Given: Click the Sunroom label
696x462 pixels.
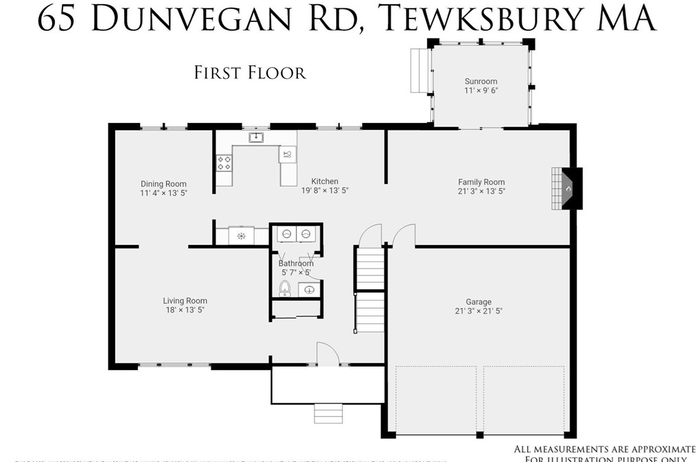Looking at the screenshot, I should click(x=480, y=81).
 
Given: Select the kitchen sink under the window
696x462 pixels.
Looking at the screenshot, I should click(x=256, y=137).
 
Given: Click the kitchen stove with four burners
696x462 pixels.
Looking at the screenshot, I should click(x=224, y=163).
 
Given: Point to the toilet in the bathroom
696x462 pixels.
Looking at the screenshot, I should click(x=285, y=289).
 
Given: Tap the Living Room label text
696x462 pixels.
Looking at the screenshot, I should click(x=185, y=301).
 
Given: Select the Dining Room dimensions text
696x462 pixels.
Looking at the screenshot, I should click(x=163, y=194).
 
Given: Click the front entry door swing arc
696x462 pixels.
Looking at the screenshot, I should click(x=329, y=354).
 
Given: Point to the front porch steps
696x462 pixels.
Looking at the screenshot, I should click(x=328, y=413).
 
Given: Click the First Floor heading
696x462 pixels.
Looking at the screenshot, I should click(x=250, y=72).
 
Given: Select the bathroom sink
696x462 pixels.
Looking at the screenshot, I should click(x=309, y=289).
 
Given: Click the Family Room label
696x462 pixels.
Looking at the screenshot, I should click(x=481, y=182).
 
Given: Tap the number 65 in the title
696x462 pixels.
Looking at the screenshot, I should click(x=56, y=19).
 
